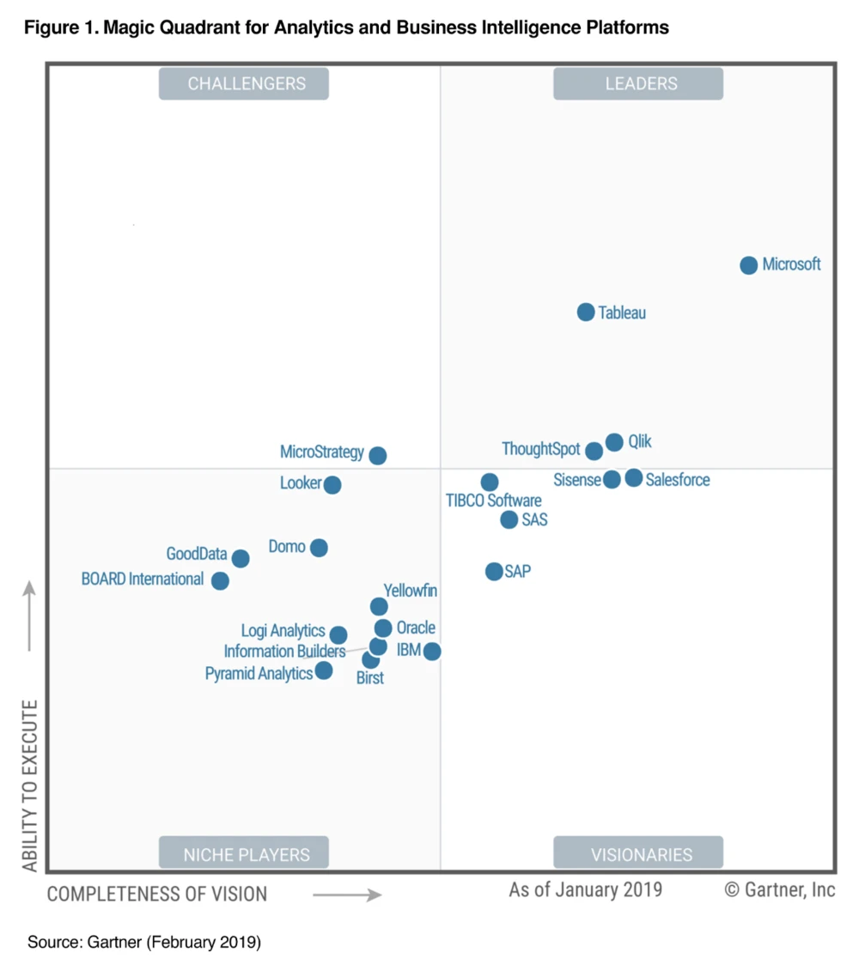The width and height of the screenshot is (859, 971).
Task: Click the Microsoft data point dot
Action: [749, 265]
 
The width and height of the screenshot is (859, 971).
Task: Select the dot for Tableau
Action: [586, 313]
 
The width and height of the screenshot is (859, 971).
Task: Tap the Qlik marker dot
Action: [614, 443]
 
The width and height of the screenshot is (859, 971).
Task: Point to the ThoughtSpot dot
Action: [594, 451]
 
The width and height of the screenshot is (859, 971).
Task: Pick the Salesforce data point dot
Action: [634, 478]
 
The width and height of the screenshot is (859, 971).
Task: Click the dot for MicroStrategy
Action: [378, 456]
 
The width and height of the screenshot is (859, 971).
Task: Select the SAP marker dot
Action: [494, 572]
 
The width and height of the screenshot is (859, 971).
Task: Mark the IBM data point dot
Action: [432, 652]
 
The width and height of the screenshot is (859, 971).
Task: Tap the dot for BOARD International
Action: [221, 581]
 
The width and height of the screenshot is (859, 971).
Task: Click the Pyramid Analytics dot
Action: [324, 671]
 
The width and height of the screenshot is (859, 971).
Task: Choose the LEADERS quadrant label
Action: [638, 84]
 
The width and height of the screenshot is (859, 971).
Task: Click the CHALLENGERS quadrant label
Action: [244, 84]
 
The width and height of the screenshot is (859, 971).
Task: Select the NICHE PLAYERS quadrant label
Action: [244, 854]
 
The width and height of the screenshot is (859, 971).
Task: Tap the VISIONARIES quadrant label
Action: [638, 854]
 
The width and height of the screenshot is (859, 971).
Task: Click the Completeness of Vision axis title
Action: [157, 894]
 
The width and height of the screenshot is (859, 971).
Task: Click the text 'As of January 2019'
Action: [585, 889]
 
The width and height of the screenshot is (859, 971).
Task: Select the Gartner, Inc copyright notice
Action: [780, 889]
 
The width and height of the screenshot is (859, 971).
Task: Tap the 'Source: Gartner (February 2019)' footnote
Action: [144, 943]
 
